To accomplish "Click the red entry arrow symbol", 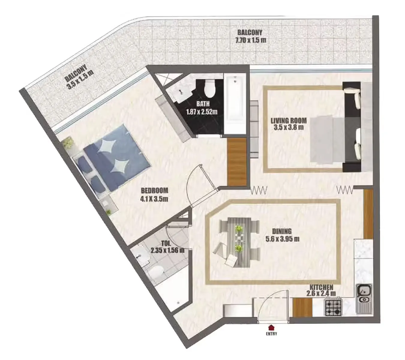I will pos(271,327).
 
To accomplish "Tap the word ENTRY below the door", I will pos(271,334).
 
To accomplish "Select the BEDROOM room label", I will pos(154,190).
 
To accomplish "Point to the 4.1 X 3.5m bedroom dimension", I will pos(154,198).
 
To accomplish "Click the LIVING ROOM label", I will pos(289,121).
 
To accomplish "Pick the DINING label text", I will pos(282,231).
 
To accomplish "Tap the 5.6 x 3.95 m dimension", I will pos(282,239).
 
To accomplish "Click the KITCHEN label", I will pos(321,287).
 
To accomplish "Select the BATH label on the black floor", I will pos(203,104).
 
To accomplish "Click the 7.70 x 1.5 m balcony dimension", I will pos(251,40).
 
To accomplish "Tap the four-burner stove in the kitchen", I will pos(333,307).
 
